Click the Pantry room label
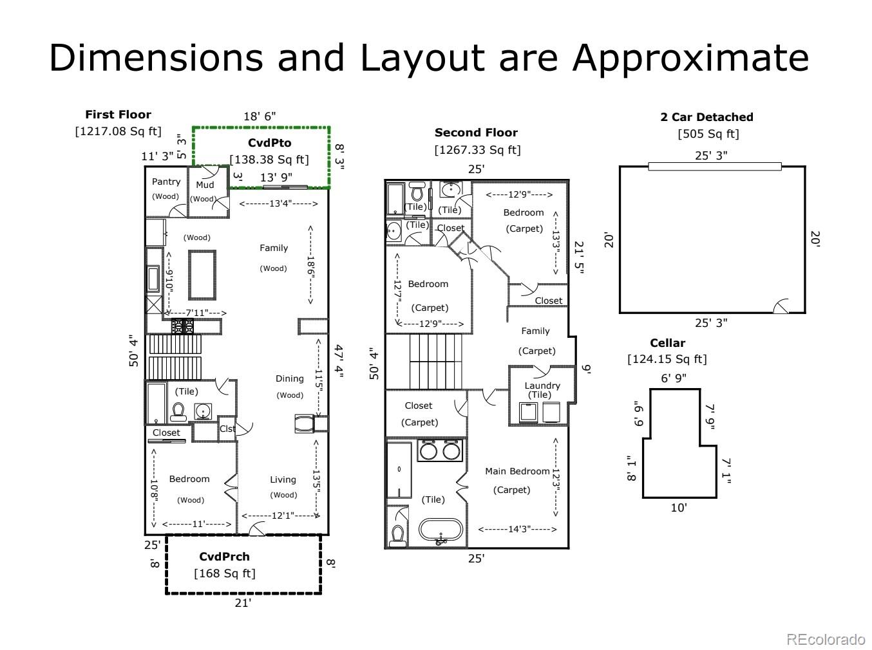(x=166, y=181)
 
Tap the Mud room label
(x=205, y=185)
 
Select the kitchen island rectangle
(x=202, y=275)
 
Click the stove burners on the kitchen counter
(x=183, y=326)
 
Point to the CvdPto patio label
(x=269, y=143)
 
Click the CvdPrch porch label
(x=225, y=556)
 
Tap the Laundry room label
(x=542, y=385)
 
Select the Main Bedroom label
(x=517, y=471)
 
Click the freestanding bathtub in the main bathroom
(x=441, y=531)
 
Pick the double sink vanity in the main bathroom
(x=440, y=450)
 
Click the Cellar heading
(x=667, y=343)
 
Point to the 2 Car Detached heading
(x=706, y=117)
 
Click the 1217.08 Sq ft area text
(x=118, y=131)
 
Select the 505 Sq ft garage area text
(x=708, y=134)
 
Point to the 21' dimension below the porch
(x=243, y=603)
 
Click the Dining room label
(x=290, y=378)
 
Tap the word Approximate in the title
(x=690, y=59)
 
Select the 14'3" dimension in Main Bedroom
(x=518, y=529)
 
